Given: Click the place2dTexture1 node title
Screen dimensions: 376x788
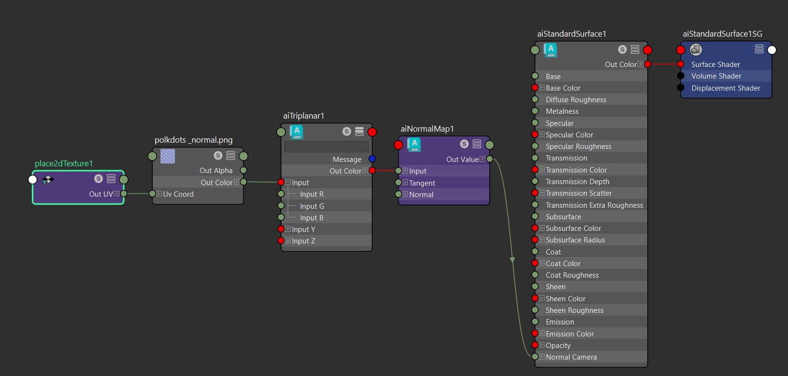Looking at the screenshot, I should pyautogui.click(x=64, y=163).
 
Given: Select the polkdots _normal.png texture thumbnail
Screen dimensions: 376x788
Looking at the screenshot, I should pyautogui.click(x=168, y=156).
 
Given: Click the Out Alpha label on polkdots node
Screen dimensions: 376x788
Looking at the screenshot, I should pyautogui.click(x=216, y=171).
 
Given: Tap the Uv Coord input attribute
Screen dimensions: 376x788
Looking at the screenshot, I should pyautogui.click(x=178, y=194).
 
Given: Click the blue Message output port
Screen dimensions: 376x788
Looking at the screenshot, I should pyautogui.click(x=372, y=159).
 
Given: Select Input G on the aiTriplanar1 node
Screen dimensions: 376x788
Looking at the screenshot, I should pyautogui.click(x=312, y=206).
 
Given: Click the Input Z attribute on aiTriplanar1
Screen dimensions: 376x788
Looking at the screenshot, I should pyautogui.click(x=303, y=241).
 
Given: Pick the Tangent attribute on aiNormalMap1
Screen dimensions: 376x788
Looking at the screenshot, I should pyautogui.click(x=422, y=183).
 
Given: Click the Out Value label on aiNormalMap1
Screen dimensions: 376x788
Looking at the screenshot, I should pyautogui.click(x=462, y=160).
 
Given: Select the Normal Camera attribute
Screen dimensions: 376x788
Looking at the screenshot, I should pyautogui.click(x=571, y=357).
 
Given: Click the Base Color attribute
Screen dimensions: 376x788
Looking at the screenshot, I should pyautogui.click(x=563, y=88).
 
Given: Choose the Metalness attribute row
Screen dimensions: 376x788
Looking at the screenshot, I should pyautogui.click(x=562, y=111).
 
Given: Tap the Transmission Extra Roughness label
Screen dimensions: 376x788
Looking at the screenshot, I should pyautogui.click(x=594, y=205).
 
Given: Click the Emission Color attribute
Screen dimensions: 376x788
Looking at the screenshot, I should pyautogui.click(x=570, y=334).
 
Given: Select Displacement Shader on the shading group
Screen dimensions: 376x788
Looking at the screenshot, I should pyautogui.click(x=725, y=88).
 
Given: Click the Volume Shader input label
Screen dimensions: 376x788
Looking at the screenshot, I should pyautogui.click(x=716, y=76).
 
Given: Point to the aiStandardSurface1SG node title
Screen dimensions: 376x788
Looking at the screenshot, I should pyautogui.click(x=722, y=34).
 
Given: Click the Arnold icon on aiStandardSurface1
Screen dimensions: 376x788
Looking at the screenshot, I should pyautogui.click(x=550, y=50).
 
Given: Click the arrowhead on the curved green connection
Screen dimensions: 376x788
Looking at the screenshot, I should pyautogui.click(x=512, y=260).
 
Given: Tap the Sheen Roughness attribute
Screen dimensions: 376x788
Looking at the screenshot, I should pyautogui.click(x=574, y=310).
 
